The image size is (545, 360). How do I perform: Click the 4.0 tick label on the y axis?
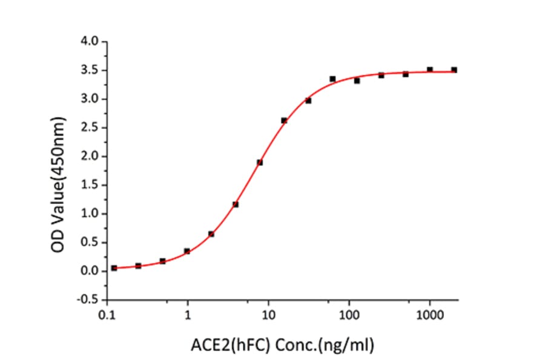click(x=91, y=42)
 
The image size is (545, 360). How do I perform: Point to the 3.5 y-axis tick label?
click(x=91, y=70)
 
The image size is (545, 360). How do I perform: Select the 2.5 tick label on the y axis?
click(x=91, y=128)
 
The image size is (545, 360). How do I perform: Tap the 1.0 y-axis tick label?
click(x=91, y=214)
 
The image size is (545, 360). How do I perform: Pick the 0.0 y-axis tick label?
click(x=91, y=271)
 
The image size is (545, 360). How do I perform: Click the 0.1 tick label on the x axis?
click(x=108, y=315)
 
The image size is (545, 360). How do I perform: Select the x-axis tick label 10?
click(x=268, y=315)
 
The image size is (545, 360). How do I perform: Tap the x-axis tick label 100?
click(x=348, y=315)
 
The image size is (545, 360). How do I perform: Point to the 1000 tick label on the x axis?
click(x=429, y=315)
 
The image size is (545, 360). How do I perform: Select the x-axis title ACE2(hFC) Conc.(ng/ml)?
click(x=283, y=345)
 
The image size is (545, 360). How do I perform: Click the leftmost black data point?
click(x=114, y=268)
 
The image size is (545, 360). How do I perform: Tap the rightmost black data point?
click(x=454, y=70)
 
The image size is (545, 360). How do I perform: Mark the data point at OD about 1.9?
click(x=260, y=162)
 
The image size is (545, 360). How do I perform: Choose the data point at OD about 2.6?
click(x=284, y=121)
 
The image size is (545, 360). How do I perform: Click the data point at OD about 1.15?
click(x=236, y=204)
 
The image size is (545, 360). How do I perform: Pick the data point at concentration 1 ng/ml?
click(x=187, y=251)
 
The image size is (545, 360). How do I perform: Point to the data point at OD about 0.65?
click(x=211, y=234)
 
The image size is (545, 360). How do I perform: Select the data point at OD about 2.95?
click(x=308, y=101)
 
